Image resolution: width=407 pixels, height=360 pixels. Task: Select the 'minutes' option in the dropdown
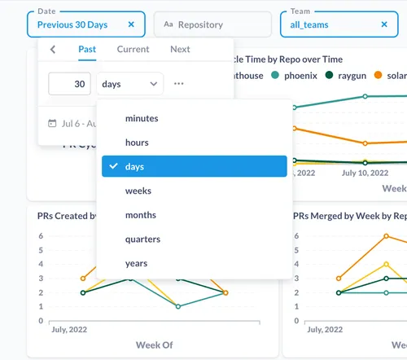[142, 119]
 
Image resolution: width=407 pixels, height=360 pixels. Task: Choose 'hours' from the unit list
[137, 143]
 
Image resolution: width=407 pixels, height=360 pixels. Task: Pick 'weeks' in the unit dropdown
[138, 191]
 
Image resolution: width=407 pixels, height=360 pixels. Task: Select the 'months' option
[140, 215]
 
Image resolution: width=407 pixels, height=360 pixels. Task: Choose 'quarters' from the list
[142, 239]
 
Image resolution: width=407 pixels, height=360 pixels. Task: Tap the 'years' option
[136, 263]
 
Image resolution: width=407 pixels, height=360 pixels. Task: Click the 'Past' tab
[87, 50]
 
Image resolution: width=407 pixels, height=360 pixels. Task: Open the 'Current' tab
[133, 50]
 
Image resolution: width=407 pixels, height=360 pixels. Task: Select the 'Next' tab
[180, 50]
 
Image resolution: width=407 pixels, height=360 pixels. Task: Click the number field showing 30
[69, 84]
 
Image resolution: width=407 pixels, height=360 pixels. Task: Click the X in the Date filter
[132, 24]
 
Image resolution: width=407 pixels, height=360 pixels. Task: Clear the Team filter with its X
[384, 24]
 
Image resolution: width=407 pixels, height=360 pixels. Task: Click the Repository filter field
[212, 24]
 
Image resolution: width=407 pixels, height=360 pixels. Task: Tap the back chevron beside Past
[53, 50]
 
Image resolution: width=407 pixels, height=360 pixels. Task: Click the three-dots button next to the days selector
[179, 84]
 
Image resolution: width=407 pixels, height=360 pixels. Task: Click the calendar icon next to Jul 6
[52, 124]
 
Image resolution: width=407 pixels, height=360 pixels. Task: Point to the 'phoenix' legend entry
[297, 75]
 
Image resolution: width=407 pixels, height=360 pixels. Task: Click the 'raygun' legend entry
[350, 75]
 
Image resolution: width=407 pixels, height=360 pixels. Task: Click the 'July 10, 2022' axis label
[364, 173]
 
